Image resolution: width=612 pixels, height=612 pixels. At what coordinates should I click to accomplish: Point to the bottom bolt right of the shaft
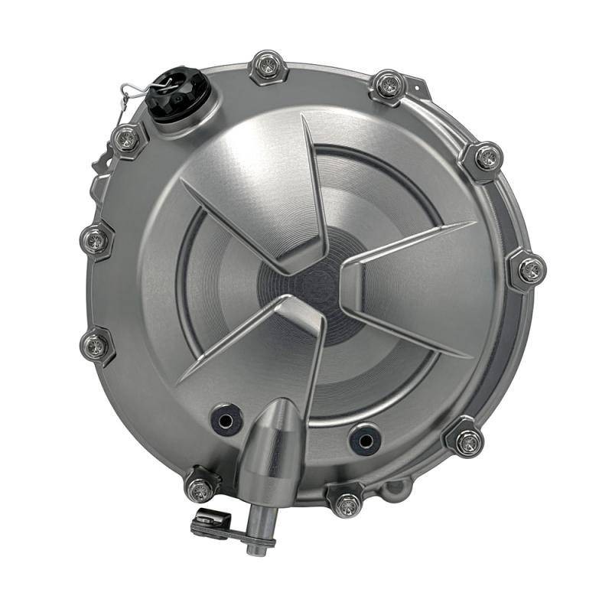347,503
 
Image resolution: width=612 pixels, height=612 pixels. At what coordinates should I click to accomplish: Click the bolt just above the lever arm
200,486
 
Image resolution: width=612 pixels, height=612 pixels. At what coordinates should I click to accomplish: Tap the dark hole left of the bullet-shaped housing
225,418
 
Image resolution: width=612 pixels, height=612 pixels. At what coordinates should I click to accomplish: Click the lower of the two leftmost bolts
96,346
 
